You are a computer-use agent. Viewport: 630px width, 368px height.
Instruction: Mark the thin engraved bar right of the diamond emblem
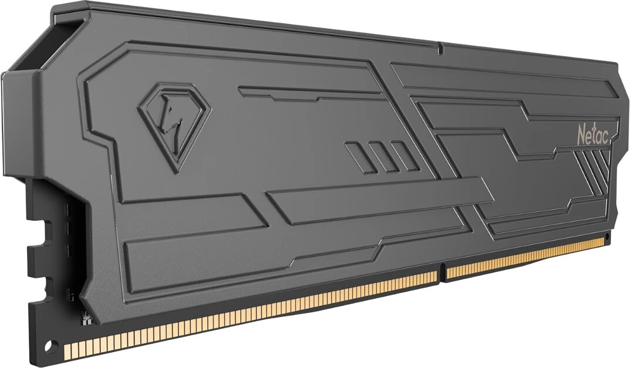(x=311, y=92)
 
